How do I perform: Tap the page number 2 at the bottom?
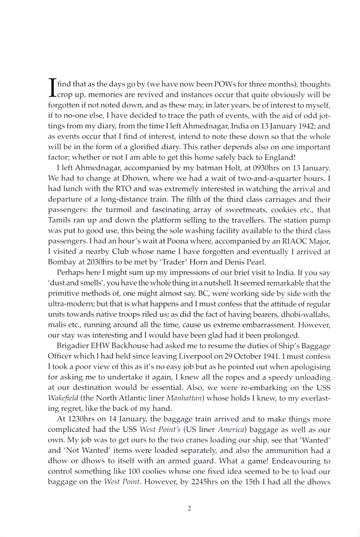coord(189,507)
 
